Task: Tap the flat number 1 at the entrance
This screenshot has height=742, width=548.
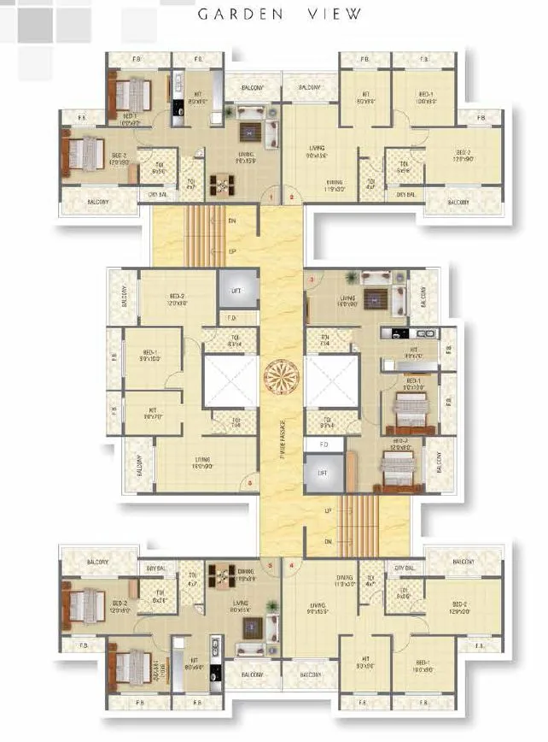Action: coord(271,197)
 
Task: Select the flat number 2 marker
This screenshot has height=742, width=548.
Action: coord(292,197)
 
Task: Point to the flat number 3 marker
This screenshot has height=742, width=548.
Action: coord(312,280)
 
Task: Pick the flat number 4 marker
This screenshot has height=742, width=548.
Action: coord(292,564)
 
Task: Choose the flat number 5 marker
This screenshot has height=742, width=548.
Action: coord(271,564)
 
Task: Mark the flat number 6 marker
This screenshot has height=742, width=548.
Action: coord(249,484)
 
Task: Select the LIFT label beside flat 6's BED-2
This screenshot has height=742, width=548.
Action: coord(236,291)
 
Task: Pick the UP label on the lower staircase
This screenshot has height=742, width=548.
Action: coord(328,511)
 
